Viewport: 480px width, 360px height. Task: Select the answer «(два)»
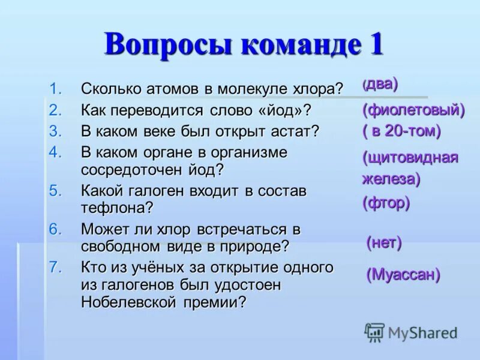coord(380,85)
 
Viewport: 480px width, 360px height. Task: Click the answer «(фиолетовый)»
coord(413,109)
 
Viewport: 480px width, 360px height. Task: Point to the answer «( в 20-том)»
coord(401,130)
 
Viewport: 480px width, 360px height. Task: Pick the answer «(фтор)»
coord(386,203)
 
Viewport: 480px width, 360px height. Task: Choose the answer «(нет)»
coord(384,243)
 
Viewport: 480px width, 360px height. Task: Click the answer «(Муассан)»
coord(403,275)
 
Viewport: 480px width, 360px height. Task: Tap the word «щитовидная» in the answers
coord(410,158)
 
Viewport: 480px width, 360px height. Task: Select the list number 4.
coord(55,152)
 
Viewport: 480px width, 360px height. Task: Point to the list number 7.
coord(55,267)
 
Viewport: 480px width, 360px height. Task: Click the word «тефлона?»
coord(118,208)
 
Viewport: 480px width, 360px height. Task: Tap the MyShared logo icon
coord(374,332)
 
